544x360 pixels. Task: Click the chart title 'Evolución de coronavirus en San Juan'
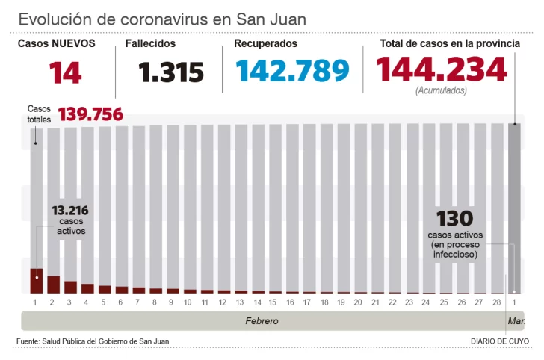(162, 19)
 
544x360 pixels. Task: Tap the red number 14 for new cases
(66, 72)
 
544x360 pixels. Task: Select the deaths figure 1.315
(171, 72)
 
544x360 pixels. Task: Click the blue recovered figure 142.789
(292, 71)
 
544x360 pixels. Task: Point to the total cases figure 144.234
(441, 70)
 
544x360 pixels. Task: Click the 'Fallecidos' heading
(151, 44)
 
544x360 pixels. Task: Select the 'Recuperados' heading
(265, 44)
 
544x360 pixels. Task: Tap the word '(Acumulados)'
(441, 90)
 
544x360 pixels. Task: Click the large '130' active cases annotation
(455, 219)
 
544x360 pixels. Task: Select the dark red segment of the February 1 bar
(36, 281)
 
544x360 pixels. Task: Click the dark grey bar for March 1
(514, 208)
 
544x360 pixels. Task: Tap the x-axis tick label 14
(256, 302)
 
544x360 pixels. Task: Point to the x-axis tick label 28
(496, 302)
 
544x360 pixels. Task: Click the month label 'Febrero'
(262, 320)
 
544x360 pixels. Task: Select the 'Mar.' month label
(516, 320)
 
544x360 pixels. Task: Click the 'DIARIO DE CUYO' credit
(500, 341)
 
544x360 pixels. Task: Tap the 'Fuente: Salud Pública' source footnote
(93, 341)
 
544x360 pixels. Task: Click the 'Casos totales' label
(39, 114)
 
